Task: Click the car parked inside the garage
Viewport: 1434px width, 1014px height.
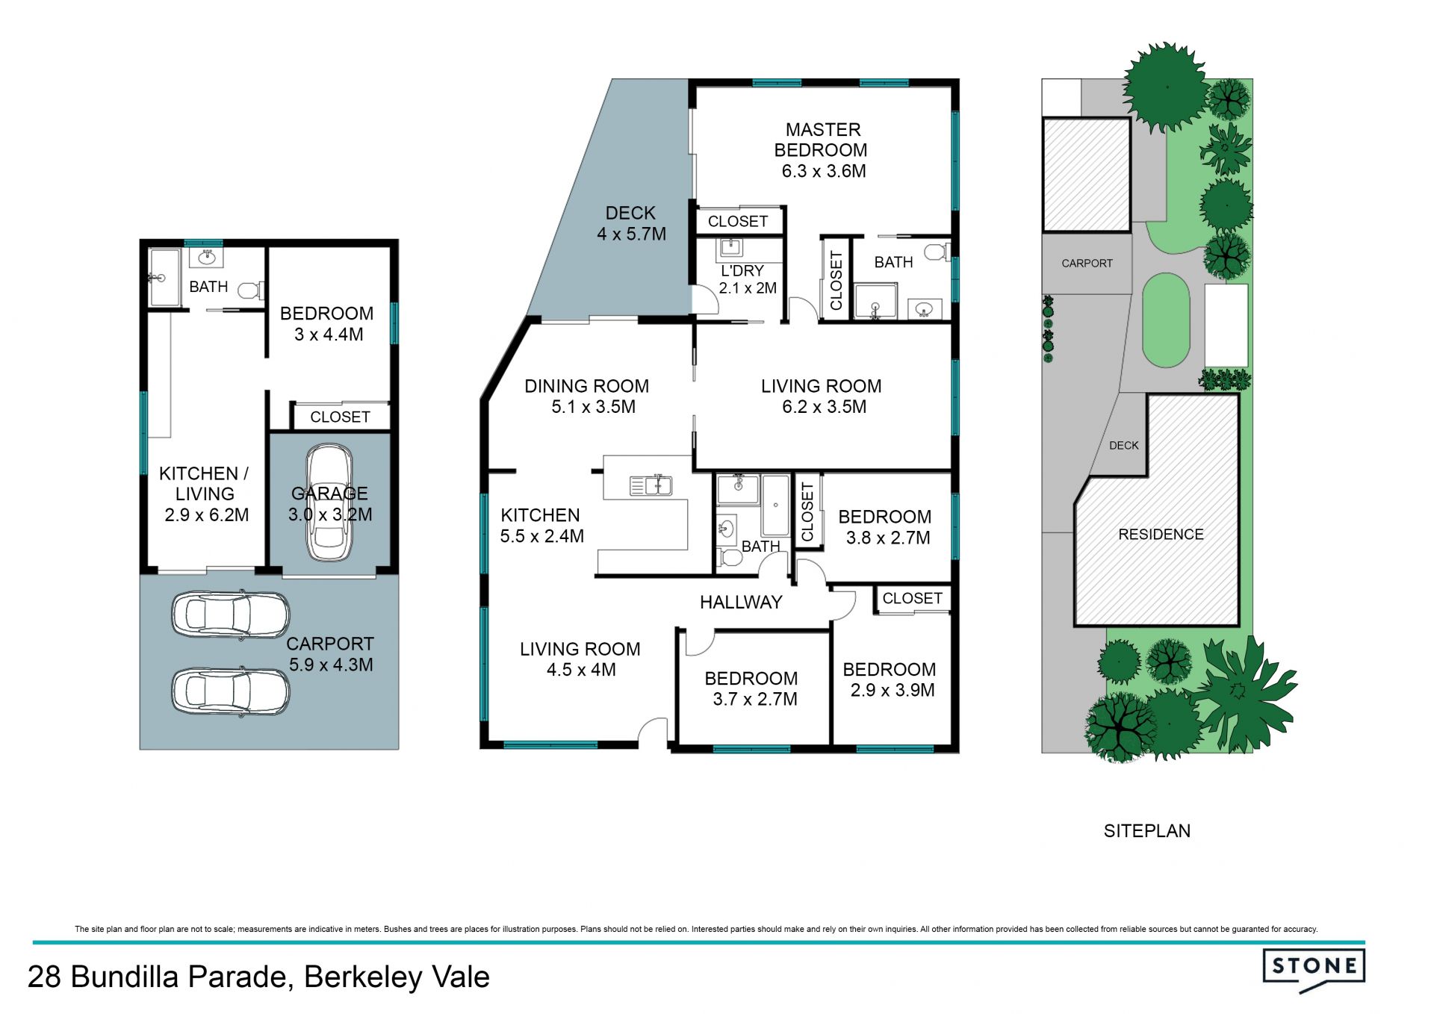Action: click(x=329, y=503)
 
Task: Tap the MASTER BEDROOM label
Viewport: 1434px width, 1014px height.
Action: click(x=822, y=140)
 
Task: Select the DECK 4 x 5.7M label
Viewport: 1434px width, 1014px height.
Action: click(x=631, y=223)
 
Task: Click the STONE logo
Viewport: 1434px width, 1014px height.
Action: click(x=1314, y=970)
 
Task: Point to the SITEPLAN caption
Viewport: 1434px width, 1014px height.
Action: click(x=1147, y=831)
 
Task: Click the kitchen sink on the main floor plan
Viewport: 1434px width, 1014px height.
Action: click(x=651, y=486)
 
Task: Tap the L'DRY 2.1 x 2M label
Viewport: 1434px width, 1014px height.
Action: click(x=748, y=279)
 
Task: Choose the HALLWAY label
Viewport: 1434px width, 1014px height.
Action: click(x=741, y=602)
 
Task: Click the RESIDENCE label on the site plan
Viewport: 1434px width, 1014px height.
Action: click(x=1161, y=535)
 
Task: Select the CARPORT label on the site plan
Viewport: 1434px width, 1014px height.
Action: click(x=1087, y=264)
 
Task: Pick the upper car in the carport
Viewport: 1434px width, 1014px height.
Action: click(x=230, y=615)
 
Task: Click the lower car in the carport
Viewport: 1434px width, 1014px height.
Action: click(x=230, y=691)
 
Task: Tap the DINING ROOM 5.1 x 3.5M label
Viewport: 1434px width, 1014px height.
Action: click(x=587, y=396)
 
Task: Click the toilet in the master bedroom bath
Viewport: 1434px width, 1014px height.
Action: click(x=936, y=252)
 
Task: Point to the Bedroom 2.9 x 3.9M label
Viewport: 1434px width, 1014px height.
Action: click(x=890, y=679)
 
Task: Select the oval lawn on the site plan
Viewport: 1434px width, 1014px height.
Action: click(x=1166, y=320)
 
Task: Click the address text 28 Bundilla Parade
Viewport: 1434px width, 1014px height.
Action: click(x=156, y=977)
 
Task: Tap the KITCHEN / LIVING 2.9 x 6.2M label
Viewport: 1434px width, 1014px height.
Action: click(x=205, y=494)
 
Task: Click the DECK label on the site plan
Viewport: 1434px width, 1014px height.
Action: click(x=1124, y=446)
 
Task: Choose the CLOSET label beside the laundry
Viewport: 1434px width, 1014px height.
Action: click(x=738, y=221)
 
